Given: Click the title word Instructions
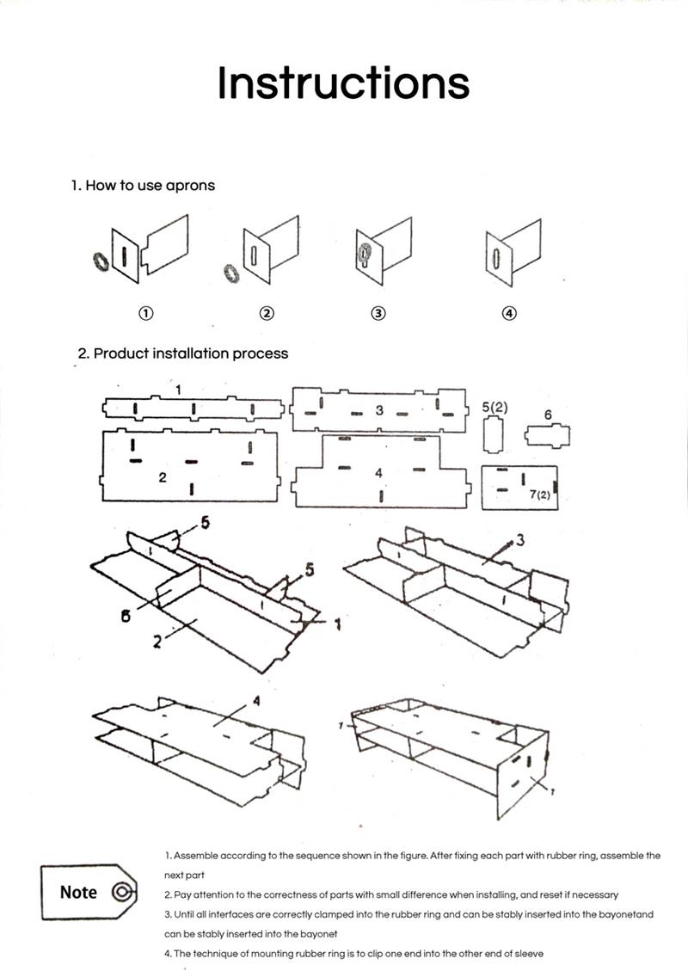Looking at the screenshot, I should click(x=343, y=83).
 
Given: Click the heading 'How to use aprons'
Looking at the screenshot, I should click(x=143, y=185).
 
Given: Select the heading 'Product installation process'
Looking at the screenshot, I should click(x=183, y=353).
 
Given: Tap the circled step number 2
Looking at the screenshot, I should click(x=267, y=314).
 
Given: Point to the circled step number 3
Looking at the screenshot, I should click(x=378, y=314).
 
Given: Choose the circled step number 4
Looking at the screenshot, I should click(x=509, y=314).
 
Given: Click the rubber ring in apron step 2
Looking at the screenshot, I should click(x=230, y=273).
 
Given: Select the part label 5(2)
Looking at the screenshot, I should click(x=494, y=407).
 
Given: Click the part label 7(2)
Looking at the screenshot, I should click(x=539, y=496).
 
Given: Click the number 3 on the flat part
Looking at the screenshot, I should click(x=378, y=410).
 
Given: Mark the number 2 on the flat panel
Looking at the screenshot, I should click(x=163, y=477).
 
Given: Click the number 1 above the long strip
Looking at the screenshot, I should click(x=179, y=390).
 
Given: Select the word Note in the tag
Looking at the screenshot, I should click(x=78, y=892).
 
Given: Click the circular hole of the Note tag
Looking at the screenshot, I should click(x=121, y=892).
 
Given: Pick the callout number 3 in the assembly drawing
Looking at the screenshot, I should click(x=519, y=539).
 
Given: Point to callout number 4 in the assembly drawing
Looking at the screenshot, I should click(x=255, y=701).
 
